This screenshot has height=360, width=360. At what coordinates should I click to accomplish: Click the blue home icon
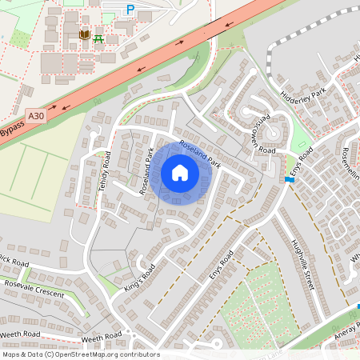(x=180, y=173)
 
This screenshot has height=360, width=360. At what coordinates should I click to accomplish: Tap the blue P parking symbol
(x=130, y=9)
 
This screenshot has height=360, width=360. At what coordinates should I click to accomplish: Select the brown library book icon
(x=84, y=35)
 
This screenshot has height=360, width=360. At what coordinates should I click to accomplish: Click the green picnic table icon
(x=98, y=38)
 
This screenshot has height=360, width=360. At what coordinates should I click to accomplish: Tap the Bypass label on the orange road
(x=12, y=129)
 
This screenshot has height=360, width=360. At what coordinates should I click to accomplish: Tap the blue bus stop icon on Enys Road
(x=289, y=180)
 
